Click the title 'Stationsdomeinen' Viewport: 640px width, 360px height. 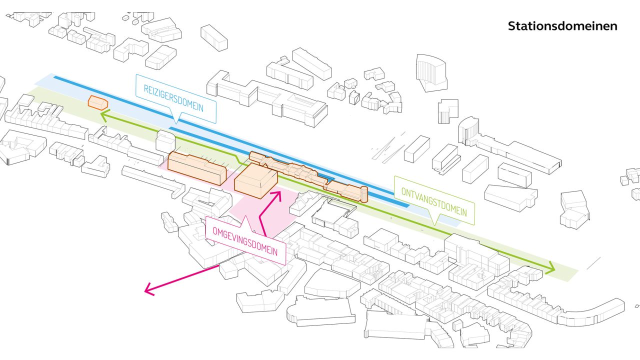562,26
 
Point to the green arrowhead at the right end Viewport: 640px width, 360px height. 551,269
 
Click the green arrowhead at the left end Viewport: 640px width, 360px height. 103,116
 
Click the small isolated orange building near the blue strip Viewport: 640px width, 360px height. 97,102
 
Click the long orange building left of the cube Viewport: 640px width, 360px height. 196,168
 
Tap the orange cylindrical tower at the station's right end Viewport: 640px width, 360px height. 363,193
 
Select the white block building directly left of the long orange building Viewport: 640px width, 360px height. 165,142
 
